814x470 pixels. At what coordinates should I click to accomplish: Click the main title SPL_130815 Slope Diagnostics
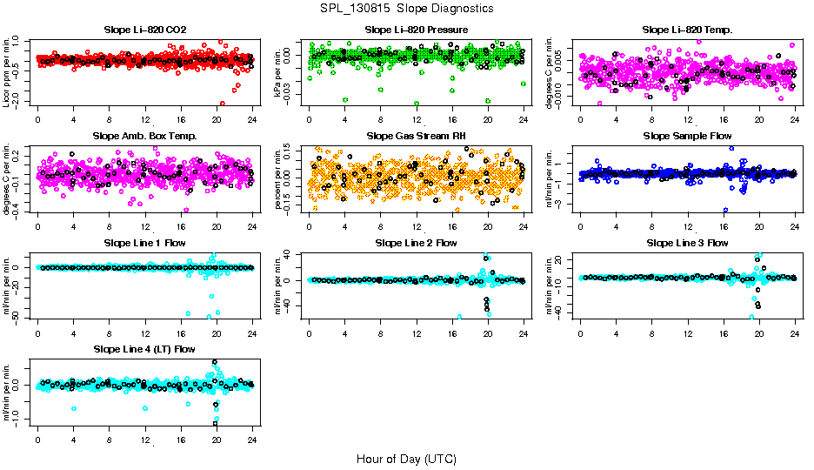click(x=406, y=9)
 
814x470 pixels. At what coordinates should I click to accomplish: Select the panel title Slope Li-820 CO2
click(x=144, y=30)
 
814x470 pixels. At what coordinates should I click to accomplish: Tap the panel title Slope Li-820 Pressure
click(x=417, y=30)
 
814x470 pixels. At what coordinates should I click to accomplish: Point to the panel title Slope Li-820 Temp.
click(x=687, y=30)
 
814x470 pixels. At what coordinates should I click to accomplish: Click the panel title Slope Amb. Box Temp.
click(x=144, y=136)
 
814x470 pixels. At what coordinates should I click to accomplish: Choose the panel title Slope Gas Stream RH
click(x=417, y=136)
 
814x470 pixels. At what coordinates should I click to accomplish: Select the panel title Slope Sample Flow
click(x=687, y=136)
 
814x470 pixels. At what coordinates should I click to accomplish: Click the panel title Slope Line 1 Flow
click(x=144, y=243)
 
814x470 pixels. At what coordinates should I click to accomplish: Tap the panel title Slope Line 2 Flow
click(x=417, y=243)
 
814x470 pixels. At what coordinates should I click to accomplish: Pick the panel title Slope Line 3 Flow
click(x=687, y=243)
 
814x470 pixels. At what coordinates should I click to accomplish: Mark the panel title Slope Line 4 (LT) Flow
click(x=144, y=349)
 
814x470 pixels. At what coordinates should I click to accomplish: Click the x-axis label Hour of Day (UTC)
click(x=406, y=459)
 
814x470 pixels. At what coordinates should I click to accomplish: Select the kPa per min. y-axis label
click(x=279, y=71)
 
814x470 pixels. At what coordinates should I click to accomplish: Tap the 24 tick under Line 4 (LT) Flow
click(x=252, y=441)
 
